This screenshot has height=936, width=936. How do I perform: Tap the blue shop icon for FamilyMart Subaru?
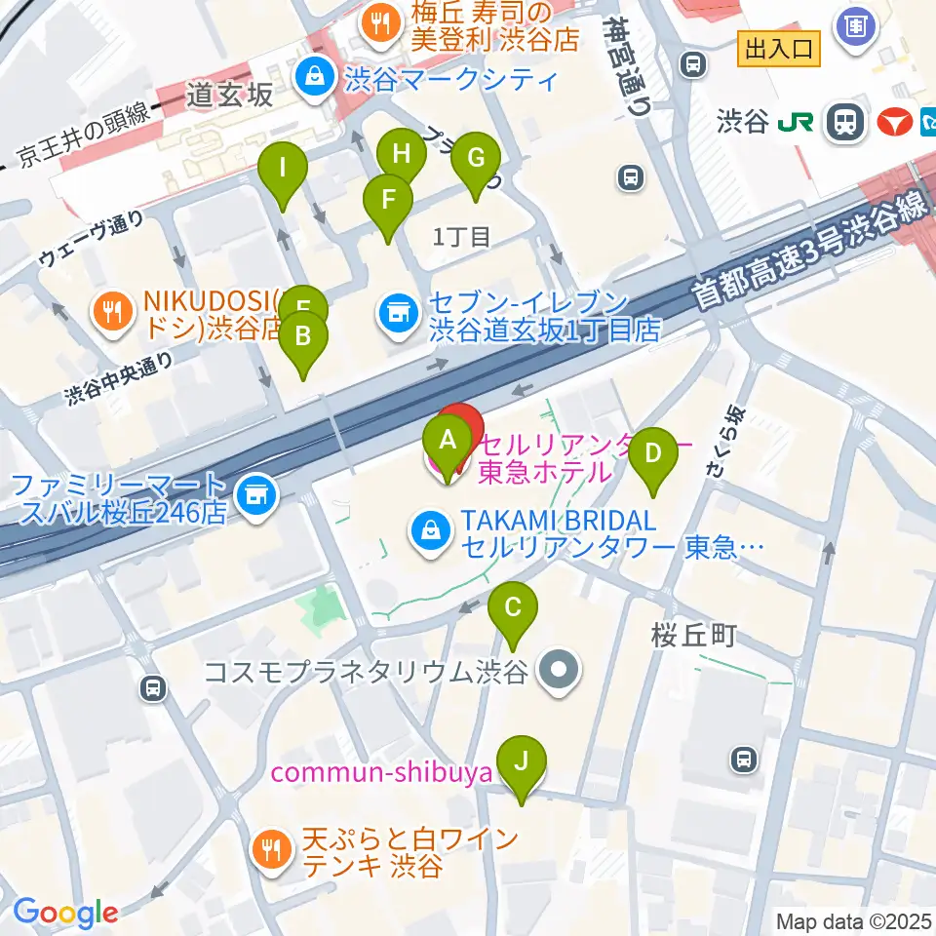pyautogui.click(x=256, y=492)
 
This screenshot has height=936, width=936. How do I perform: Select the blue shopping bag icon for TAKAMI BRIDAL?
pyautogui.click(x=429, y=531)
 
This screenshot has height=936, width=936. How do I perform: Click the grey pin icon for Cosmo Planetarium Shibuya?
pyautogui.click(x=560, y=671)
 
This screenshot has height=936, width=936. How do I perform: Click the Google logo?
pyautogui.click(x=65, y=912)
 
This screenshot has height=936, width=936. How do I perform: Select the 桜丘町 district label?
pyautogui.click(x=694, y=636)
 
